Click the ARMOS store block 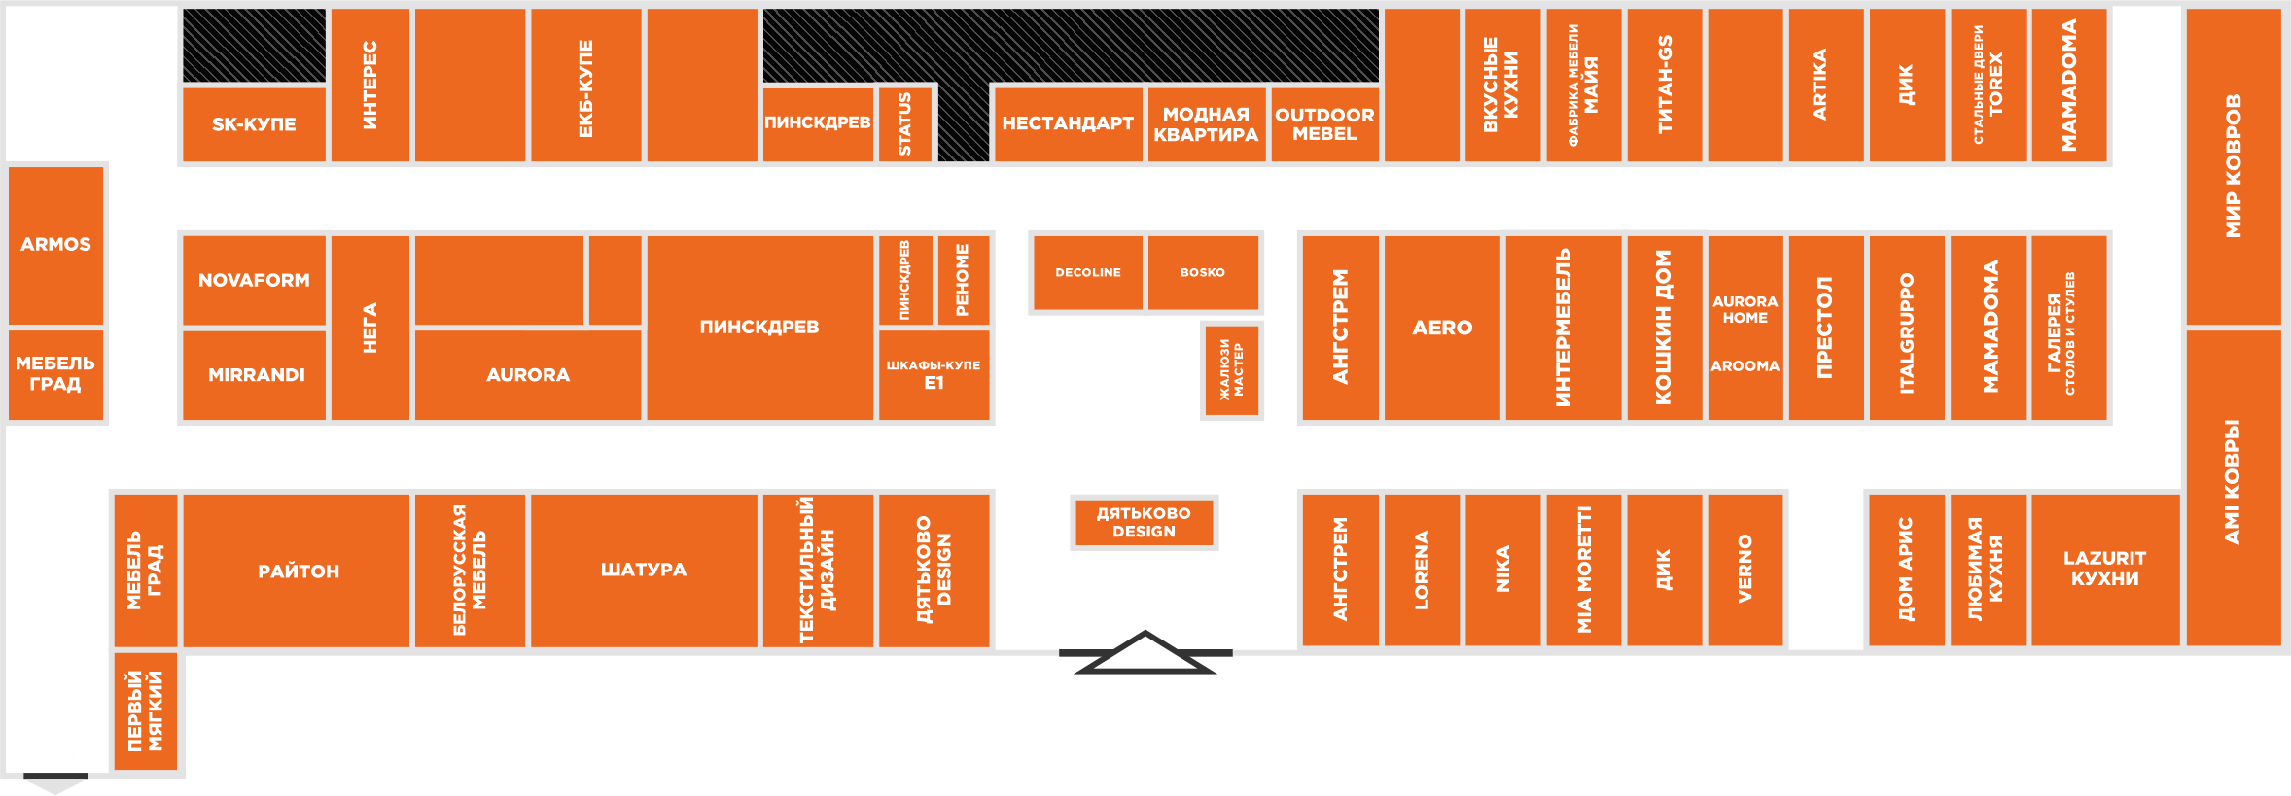(55, 244)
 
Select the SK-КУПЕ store (254, 124)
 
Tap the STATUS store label (904, 124)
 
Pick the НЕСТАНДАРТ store (1067, 123)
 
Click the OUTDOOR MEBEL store (1324, 124)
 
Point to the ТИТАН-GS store (1665, 85)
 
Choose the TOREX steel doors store (1988, 85)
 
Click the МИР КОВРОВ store (2233, 165)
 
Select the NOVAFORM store (254, 280)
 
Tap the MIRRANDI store (256, 375)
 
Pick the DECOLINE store (1087, 273)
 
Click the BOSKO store (1203, 273)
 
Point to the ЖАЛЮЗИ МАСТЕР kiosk (1231, 370)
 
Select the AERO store (1441, 329)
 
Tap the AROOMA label (1745, 366)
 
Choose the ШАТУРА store (643, 570)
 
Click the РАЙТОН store (298, 571)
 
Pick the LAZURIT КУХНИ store (2104, 569)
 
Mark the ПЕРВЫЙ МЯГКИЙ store (146, 711)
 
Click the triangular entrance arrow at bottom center (1145, 653)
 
